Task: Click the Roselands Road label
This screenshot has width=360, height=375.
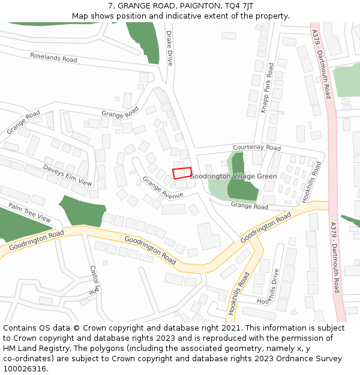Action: click(x=54, y=58)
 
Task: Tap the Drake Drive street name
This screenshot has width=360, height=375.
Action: click(x=169, y=48)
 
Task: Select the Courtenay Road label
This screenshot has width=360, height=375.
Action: click(x=257, y=148)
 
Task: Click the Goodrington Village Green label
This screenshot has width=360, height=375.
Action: click(x=233, y=176)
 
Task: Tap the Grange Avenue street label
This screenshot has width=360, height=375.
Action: click(x=163, y=187)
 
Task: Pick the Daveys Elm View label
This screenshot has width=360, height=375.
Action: click(x=68, y=175)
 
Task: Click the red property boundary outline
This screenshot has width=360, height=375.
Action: click(x=182, y=173)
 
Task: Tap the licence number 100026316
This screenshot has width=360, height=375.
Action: click(x=24, y=369)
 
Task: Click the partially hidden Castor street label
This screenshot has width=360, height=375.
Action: click(x=93, y=280)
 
